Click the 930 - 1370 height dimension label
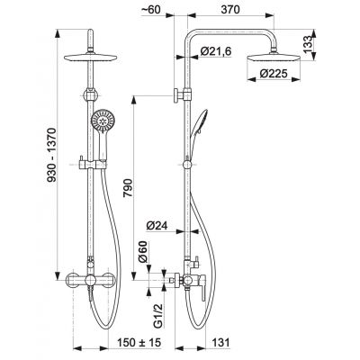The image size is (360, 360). point(51,155)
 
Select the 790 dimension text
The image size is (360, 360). point(128,188)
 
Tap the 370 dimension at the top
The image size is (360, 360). point(230,10)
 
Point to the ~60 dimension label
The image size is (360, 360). point(151,10)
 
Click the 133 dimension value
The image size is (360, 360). point(308,45)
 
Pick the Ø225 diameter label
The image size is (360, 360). point(274,73)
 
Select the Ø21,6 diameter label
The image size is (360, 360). point(216,51)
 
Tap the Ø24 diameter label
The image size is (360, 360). point(157,225)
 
